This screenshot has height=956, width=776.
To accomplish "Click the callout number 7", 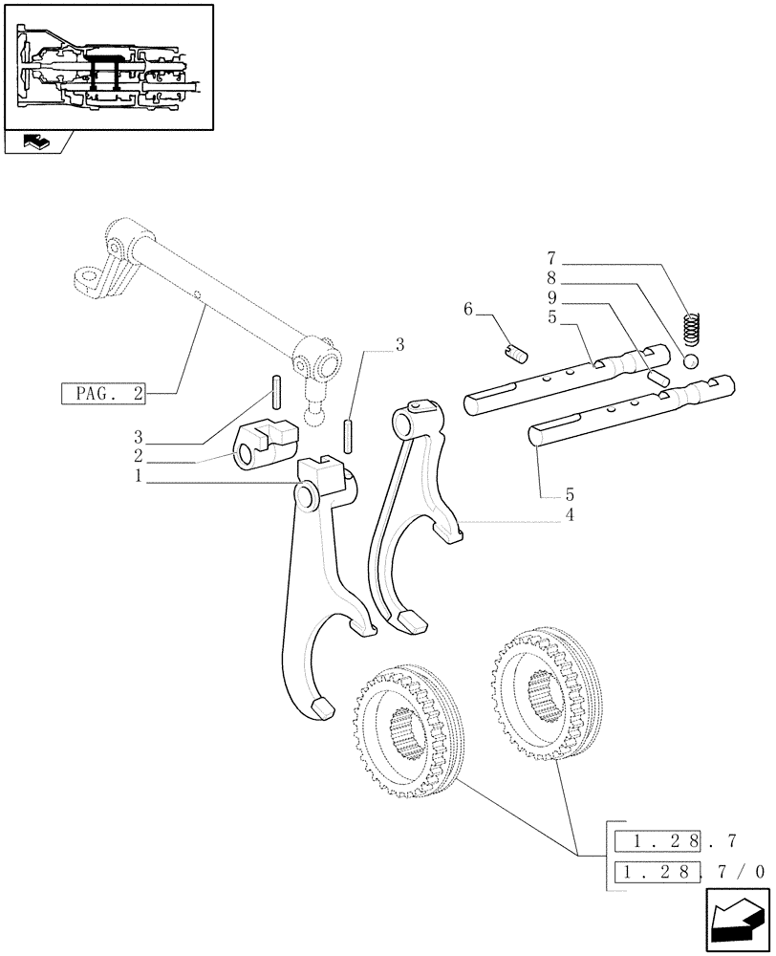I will click(551, 258).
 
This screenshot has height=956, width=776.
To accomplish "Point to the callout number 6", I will click(467, 309).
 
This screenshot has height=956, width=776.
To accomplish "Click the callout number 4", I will click(570, 515).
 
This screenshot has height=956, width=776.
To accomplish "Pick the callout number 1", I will click(139, 475).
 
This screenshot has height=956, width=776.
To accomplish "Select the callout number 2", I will click(139, 455).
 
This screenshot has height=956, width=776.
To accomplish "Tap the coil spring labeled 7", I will click(693, 327).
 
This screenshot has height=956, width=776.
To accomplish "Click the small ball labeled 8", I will click(692, 360).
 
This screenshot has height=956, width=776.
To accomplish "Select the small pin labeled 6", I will click(517, 354).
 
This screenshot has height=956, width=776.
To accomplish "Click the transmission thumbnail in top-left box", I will click(108, 67).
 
